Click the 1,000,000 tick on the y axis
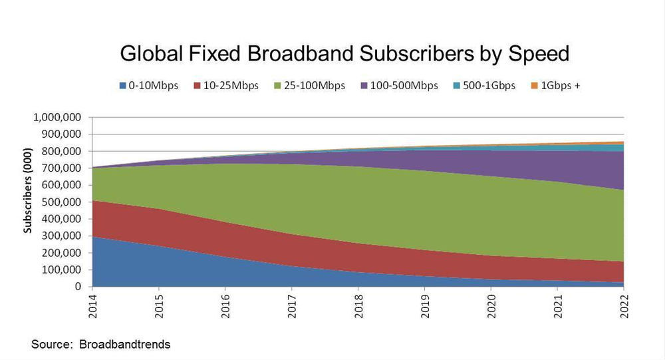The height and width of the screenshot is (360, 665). [x=57, y=117]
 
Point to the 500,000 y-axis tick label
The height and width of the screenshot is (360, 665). [x=61, y=202]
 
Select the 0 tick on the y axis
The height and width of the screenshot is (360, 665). [x=78, y=287]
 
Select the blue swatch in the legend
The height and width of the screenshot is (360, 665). [x=122, y=87]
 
